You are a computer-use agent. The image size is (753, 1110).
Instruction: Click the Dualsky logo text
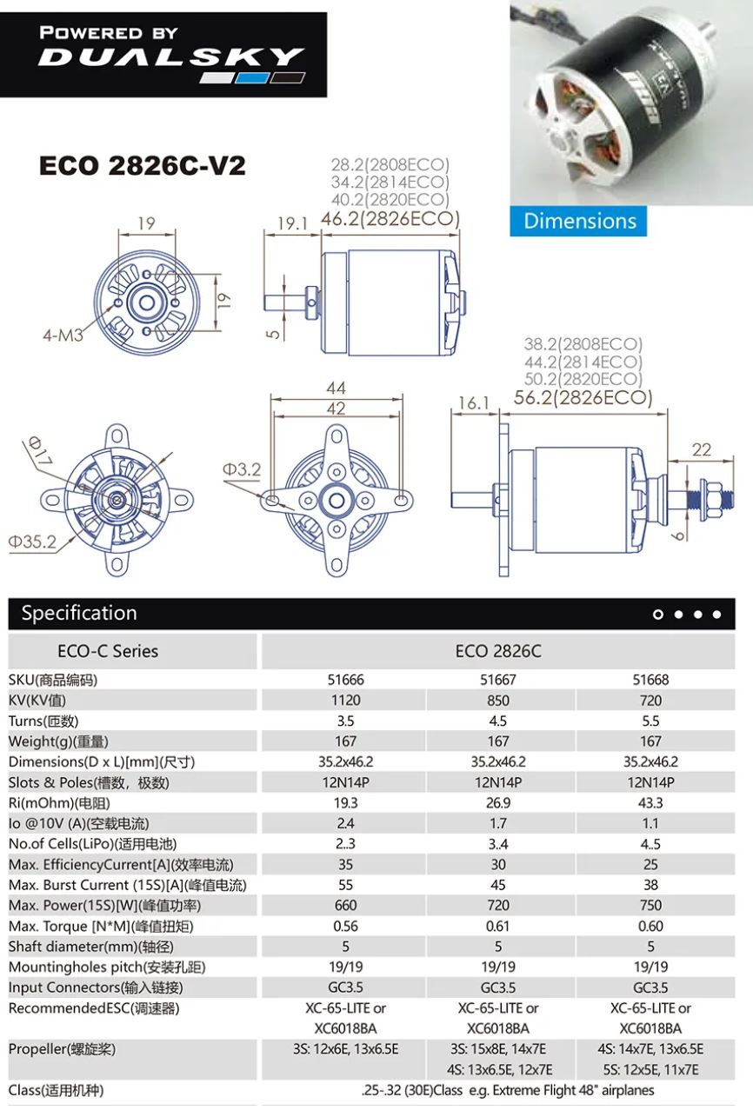click(x=170, y=58)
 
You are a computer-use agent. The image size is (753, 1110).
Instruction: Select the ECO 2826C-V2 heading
click(x=143, y=166)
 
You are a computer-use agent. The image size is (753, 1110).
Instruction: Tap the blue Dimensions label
click(x=579, y=221)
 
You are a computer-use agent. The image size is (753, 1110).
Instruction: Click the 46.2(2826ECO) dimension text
click(x=390, y=219)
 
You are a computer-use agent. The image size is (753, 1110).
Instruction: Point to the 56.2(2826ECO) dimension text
click(x=583, y=398)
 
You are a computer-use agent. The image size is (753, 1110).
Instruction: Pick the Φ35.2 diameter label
click(x=32, y=542)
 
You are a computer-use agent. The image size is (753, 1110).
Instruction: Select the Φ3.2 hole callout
click(x=241, y=469)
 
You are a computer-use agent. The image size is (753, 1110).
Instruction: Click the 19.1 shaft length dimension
click(x=292, y=223)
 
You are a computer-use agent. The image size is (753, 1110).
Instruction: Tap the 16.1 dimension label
click(x=475, y=402)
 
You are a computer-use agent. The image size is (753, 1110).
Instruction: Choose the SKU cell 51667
click(x=497, y=680)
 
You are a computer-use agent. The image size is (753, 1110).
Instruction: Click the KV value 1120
click(x=345, y=700)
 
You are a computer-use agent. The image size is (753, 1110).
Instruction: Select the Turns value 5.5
click(x=650, y=721)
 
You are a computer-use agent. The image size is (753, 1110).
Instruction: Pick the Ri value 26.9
click(x=497, y=802)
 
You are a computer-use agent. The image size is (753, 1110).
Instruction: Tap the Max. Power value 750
click(x=650, y=905)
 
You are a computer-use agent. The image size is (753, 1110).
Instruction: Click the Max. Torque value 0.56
click(x=345, y=926)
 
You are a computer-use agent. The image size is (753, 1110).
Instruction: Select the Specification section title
click(x=79, y=614)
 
